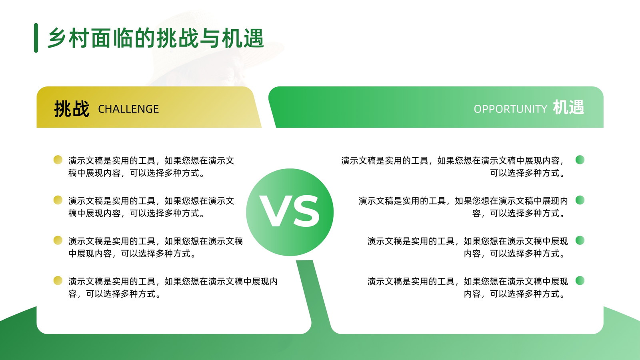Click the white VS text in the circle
click(x=290, y=212)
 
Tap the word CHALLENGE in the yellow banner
click(x=128, y=109)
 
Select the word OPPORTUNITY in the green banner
click(x=510, y=109)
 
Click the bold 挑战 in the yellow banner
click(x=72, y=109)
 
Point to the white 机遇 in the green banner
click(x=568, y=108)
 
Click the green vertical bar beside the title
click(x=36, y=38)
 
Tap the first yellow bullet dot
click(x=58, y=160)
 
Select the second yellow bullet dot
click(x=58, y=200)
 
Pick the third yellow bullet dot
click(x=58, y=240)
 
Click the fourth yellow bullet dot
click(x=58, y=280)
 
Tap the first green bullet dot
click(x=580, y=160)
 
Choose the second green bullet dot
click(x=580, y=200)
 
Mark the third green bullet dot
click(x=580, y=240)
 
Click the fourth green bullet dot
click(x=580, y=280)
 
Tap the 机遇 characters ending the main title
click(x=243, y=38)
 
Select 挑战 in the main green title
click(x=178, y=38)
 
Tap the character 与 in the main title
click(x=210, y=38)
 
